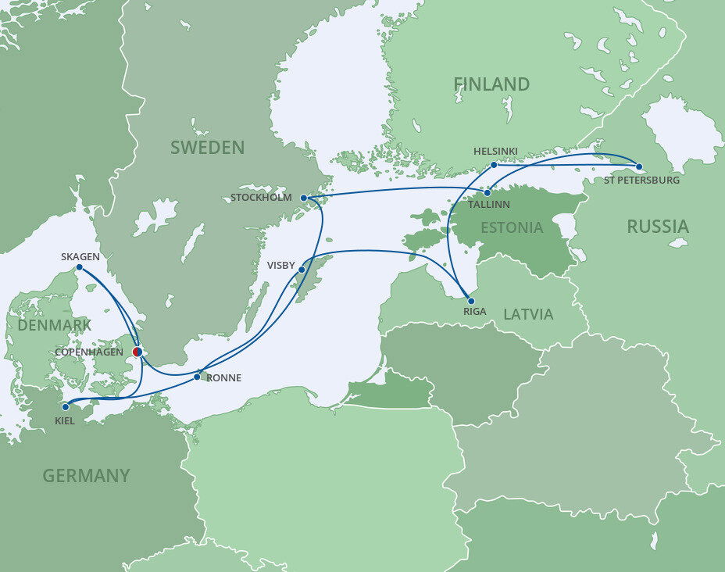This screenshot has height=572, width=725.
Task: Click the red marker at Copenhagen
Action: tap(137, 352)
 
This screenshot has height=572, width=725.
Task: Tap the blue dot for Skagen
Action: tap(79, 267)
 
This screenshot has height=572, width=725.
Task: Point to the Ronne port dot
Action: tap(197, 377)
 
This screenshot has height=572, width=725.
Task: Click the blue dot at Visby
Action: tap(302, 270)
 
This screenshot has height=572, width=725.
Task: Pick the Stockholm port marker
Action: tap(304, 198)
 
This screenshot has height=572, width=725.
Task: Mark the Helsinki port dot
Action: tap(494, 165)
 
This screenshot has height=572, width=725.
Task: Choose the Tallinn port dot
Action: tap(487, 192)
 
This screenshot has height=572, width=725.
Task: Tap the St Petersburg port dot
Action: tap(638, 166)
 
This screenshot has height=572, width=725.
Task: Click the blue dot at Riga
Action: tap(470, 300)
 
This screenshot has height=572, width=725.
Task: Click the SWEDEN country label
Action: tap(207, 148)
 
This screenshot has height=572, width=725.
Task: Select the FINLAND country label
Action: tap(491, 84)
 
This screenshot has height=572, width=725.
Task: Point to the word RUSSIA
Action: tap(658, 227)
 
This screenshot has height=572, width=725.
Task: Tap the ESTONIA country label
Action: tap(512, 228)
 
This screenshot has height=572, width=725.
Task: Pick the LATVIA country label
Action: tap(528, 314)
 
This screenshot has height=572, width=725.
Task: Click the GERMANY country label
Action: tap(86, 475)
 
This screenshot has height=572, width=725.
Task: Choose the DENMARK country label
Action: tap(54, 325)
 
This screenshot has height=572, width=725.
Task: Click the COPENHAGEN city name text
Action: tap(89, 352)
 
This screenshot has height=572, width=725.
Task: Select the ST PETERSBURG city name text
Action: tap(641, 181)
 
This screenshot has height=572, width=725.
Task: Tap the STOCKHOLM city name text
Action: tap(261, 198)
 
